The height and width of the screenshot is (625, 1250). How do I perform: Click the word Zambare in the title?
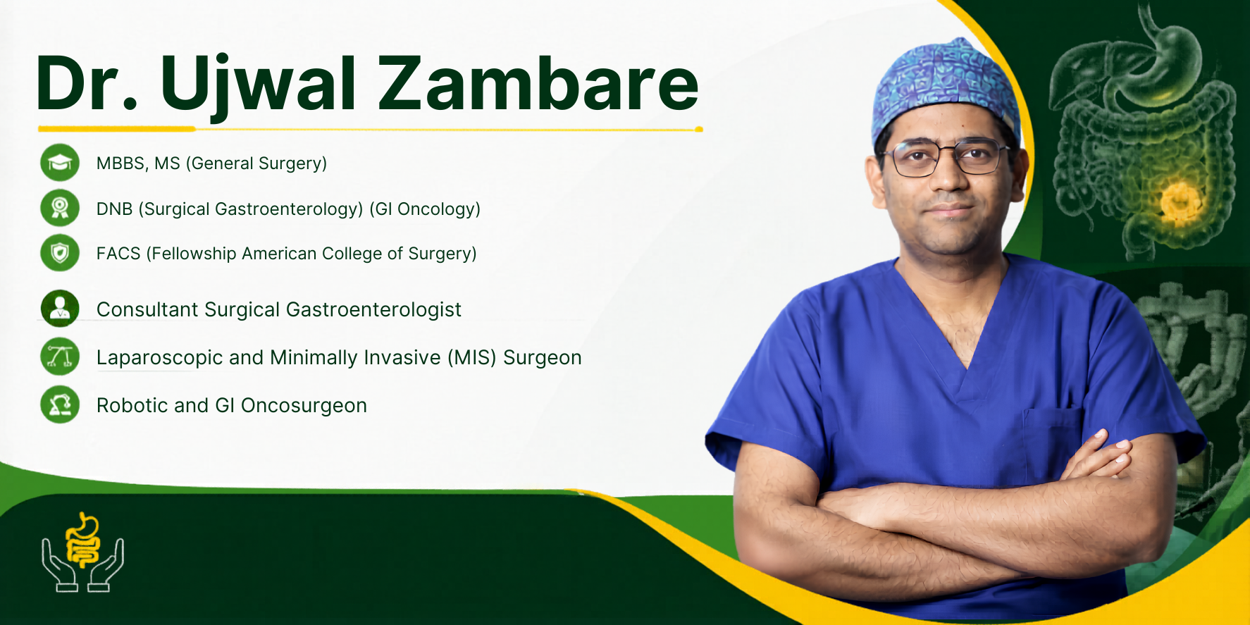(538, 83)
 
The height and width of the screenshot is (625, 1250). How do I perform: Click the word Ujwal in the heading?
(258, 86)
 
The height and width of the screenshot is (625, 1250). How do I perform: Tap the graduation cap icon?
(60, 163)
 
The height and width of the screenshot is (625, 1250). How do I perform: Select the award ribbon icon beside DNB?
(60, 208)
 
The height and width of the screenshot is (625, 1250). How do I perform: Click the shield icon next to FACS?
(60, 253)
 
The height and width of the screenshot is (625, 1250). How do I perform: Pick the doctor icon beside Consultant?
(60, 309)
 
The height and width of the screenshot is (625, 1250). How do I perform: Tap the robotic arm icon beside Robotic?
(60, 404)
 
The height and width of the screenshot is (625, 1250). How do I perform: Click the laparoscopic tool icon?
(60, 357)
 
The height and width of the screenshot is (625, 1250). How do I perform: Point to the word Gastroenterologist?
(373, 310)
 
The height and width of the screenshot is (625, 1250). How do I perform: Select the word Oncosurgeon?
(304, 406)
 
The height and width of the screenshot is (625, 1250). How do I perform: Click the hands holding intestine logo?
(82, 552)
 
